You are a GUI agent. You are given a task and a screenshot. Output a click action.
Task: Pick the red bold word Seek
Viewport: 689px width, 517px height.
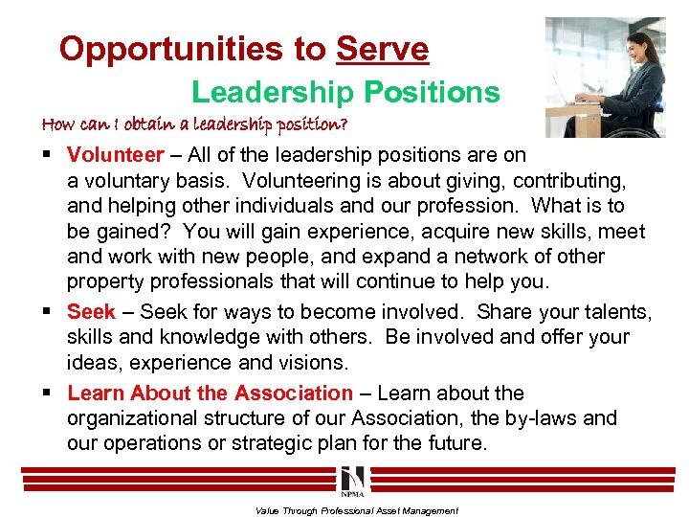pyautogui.click(x=91, y=312)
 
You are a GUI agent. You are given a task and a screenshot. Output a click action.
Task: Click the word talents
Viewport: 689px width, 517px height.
pyautogui.click(x=616, y=312)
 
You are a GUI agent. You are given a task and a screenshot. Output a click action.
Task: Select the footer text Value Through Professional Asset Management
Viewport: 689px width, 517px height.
pyautogui.click(x=357, y=511)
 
